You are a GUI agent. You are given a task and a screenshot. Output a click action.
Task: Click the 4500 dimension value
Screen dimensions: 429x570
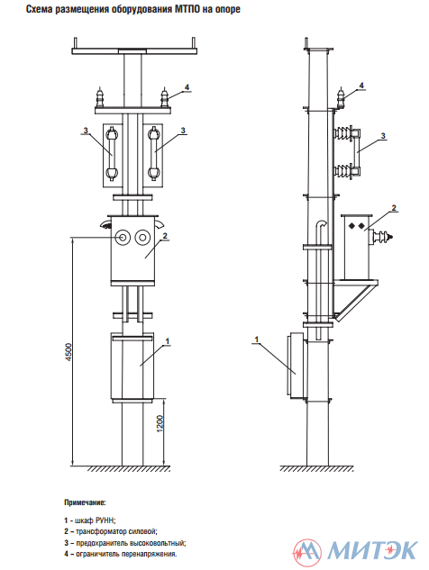[69, 351]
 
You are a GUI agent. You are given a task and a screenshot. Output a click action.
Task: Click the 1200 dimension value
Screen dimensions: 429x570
[160, 423]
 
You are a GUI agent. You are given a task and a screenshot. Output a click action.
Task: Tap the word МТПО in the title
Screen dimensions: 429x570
[187, 10]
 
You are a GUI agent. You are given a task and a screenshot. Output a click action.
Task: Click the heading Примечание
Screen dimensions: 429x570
[85, 502]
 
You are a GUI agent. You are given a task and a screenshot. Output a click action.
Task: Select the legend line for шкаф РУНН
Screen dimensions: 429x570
[90, 520]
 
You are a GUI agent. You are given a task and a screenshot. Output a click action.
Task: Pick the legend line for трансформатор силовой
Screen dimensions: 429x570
[111, 531]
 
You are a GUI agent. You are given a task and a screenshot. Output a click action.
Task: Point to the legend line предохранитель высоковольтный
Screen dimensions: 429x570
[124, 543]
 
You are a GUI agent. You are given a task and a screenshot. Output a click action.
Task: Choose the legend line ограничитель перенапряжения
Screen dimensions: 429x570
[121, 554]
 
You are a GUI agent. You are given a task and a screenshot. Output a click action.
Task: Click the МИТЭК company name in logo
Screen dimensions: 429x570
[372, 551]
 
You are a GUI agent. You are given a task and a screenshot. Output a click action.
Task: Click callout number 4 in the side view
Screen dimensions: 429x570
[361, 86]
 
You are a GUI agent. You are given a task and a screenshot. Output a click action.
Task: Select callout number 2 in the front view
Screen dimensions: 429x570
[165, 236]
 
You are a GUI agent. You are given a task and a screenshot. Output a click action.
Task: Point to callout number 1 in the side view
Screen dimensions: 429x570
[257, 339]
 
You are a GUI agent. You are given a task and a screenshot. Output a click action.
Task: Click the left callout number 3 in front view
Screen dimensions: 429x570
[86, 131]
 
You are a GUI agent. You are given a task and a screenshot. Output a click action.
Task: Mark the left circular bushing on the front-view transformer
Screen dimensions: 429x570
[123, 238]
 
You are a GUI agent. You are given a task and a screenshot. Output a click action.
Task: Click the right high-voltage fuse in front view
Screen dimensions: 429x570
[153, 153]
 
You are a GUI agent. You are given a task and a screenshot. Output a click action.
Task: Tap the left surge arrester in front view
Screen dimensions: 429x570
[100, 97]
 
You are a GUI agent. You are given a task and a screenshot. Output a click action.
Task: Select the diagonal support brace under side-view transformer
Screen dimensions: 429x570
[356, 302]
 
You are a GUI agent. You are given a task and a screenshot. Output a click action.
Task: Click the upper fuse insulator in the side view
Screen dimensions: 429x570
[343, 134]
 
